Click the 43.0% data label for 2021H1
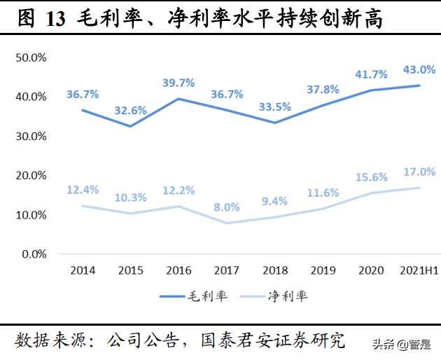click(419, 70)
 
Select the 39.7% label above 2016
click(178, 83)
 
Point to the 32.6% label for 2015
click(130, 110)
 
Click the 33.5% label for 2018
click(274, 107)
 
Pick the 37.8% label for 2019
click(323, 90)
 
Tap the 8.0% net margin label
click(227, 207)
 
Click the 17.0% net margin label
click(419, 172)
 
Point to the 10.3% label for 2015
click(130, 198)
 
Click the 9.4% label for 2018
click(274, 202)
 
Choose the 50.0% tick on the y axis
click(31, 57)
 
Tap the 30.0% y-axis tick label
click(31, 136)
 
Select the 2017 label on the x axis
click(227, 270)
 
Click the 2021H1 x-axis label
click(419, 270)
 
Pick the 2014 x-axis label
click(83, 270)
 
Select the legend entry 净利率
click(287, 296)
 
